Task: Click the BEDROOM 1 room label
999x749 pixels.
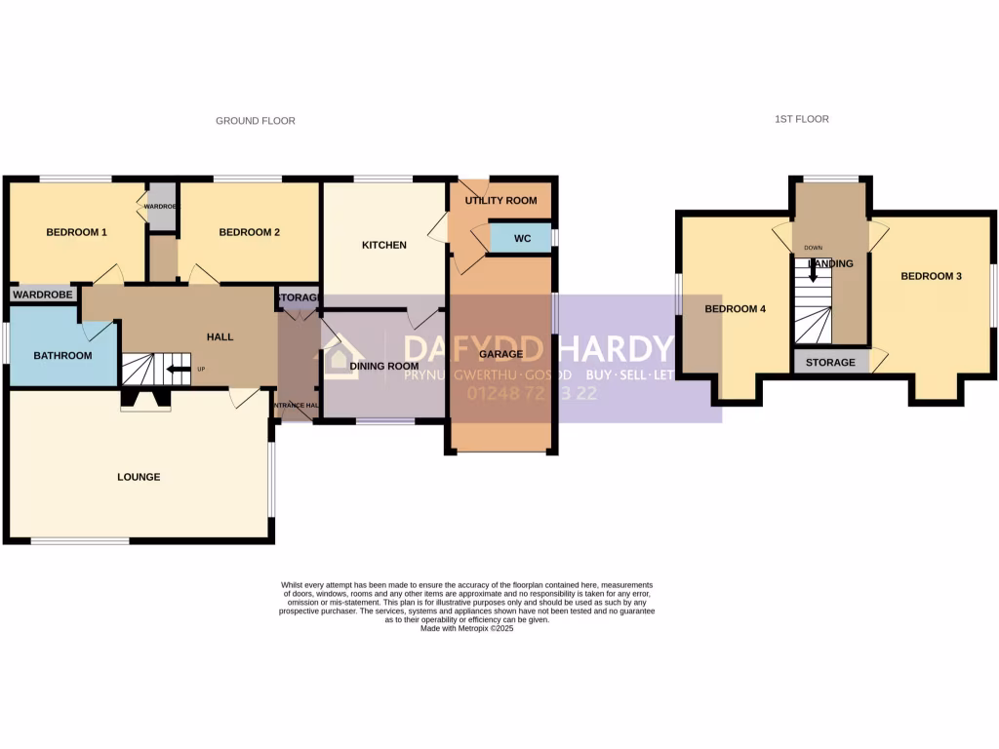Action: (x=77, y=232)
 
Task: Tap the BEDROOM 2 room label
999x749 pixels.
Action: (x=250, y=232)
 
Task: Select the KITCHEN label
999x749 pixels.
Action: (x=384, y=245)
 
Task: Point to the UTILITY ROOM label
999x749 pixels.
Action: (x=501, y=200)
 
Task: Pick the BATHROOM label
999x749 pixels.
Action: (x=62, y=355)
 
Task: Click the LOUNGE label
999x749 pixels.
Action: (x=139, y=477)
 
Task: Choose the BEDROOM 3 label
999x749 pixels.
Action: (x=931, y=276)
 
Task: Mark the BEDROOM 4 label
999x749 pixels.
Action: (x=736, y=309)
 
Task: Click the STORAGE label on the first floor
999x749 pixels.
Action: (x=830, y=363)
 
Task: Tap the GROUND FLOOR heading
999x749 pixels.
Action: (x=256, y=121)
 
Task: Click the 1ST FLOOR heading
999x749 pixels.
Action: (x=802, y=119)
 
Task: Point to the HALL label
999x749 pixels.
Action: (x=220, y=336)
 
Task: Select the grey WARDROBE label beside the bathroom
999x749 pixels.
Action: (x=43, y=294)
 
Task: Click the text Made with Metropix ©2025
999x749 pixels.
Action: (x=466, y=629)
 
